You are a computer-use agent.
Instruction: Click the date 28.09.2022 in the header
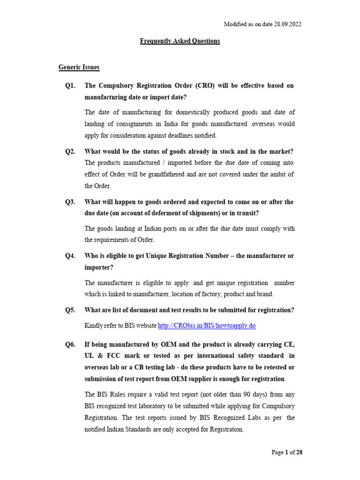point(285,24)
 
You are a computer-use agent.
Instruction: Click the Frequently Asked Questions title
point(180,41)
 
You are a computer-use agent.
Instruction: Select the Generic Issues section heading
point(79,67)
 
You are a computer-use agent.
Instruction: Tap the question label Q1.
point(70,86)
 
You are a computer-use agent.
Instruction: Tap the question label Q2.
point(70,151)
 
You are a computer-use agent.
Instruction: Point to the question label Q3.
point(70,202)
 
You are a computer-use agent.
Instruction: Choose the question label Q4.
point(70,255)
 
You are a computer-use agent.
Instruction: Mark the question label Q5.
point(70,310)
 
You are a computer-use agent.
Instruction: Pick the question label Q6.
point(70,344)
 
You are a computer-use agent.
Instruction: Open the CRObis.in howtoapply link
point(207,325)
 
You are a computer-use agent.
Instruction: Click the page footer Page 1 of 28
point(287,452)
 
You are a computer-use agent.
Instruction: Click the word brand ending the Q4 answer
point(264,294)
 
